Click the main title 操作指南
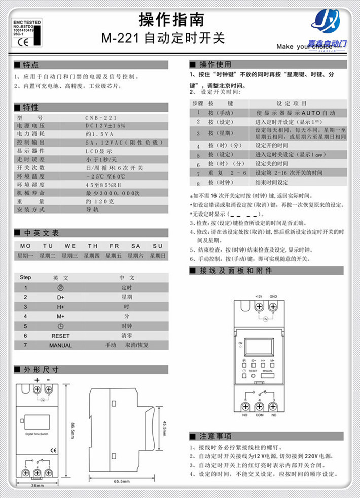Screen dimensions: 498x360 point(172,20)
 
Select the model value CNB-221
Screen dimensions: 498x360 point(101,118)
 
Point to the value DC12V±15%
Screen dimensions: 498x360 point(105,125)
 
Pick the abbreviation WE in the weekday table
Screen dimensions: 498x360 point(70,246)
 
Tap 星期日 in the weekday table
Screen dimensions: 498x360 point(157,256)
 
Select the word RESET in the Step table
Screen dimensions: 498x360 point(60,336)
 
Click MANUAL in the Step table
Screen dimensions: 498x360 point(60,345)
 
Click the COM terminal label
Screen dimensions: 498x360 point(259,415)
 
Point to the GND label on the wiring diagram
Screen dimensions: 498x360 point(273,296)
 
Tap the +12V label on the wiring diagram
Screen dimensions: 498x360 point(258,296)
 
